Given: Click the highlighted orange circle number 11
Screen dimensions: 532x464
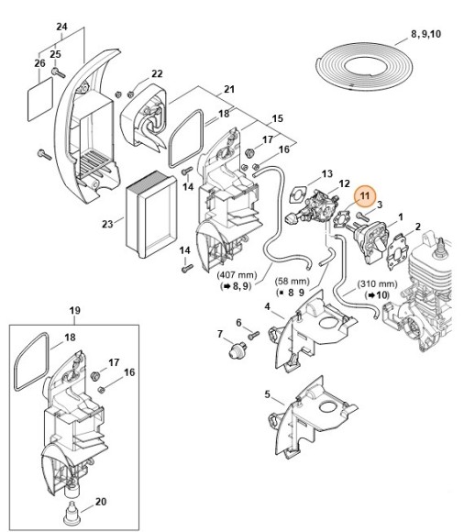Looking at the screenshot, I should (365, 194).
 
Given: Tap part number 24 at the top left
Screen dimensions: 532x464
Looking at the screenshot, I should (61, 27).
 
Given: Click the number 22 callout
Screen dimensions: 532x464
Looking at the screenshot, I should (157, 74).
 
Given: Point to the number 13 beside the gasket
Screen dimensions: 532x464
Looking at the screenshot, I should (326, 173).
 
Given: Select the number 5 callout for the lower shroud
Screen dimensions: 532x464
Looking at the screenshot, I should (267, 396).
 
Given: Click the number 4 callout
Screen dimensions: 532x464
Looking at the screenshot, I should (267, 306).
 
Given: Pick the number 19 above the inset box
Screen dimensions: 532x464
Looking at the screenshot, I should (74, 310).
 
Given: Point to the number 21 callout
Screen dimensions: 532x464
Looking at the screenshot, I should (229, 90).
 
